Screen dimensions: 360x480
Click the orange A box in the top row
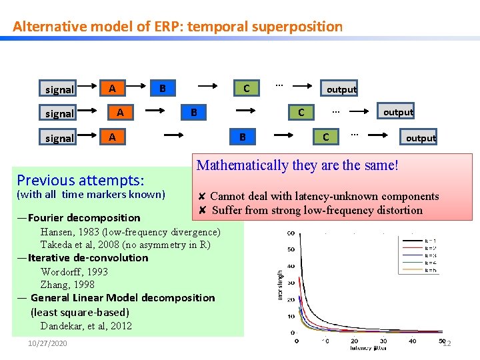pyautogui.click(x=113, y=88)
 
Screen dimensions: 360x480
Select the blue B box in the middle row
pyautogui.click(x=193, y=113)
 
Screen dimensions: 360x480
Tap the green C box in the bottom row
pyautogui.click(x=325, y=137)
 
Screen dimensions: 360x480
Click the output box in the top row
pyautogui.click(x=341, y=89)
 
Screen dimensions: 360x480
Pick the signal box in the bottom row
pyautogui.click(x=59, y=138)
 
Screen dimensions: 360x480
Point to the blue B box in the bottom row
pyautogui.click(x=243, y=137)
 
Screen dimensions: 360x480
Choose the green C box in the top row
pyautogui.click(x=247, y=88)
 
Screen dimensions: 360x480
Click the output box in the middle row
pyautogui.click(x=398, y=112)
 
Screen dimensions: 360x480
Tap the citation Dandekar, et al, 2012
pyautogui.click(x=86, y=326)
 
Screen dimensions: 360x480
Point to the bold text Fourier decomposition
pyautogui.click(x=84, y=217)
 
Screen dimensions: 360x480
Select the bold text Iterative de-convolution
pyautogui.click(x=88, y=257)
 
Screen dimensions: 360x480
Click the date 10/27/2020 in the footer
pyautogui.click(x=47, y=343)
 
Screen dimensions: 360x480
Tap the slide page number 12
pyautogui.click(x=447, y=343)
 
